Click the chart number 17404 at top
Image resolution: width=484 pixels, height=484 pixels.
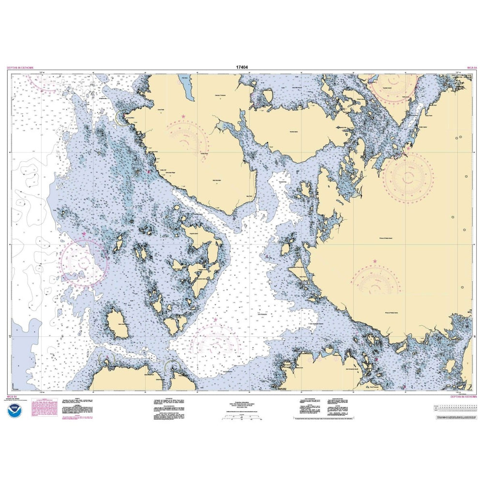[242, 68]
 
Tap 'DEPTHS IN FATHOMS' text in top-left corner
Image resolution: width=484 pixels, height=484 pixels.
[20, 68]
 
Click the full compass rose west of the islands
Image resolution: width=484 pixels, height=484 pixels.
[84, 262]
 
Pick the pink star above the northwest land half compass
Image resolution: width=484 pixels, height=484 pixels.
[183, 117]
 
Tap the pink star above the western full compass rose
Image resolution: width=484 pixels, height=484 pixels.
[84, 234]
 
